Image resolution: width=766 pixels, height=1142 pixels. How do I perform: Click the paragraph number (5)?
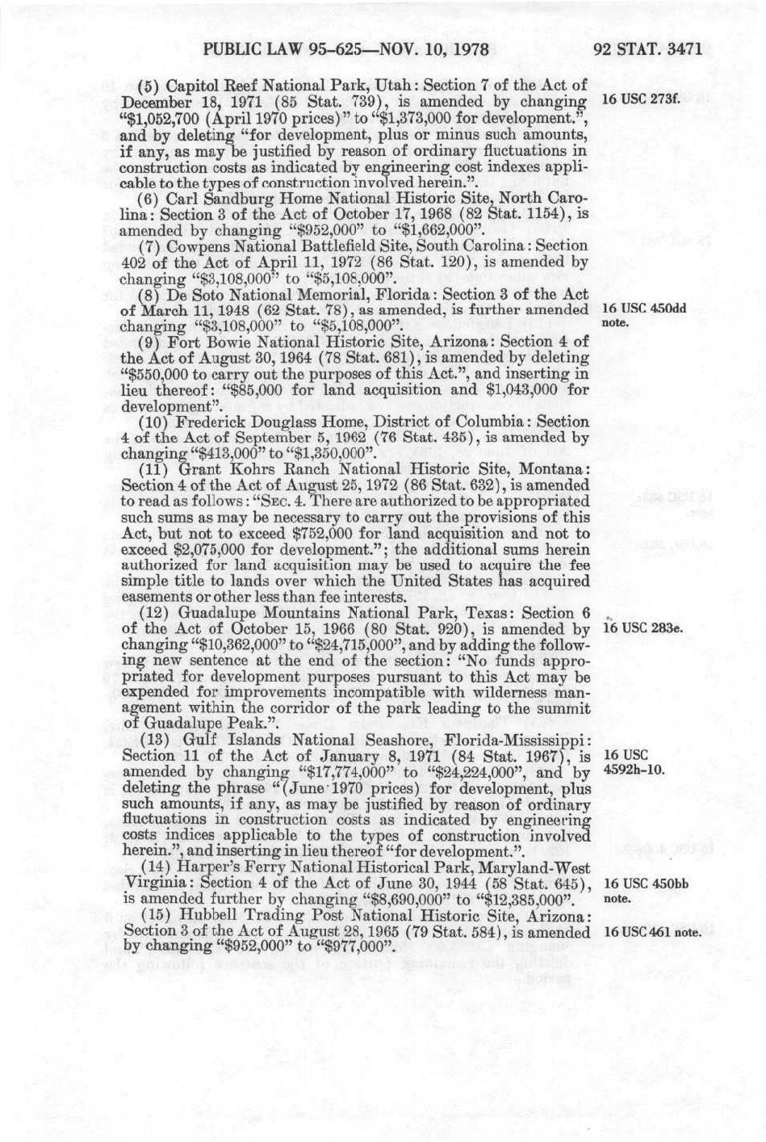pos(149,86)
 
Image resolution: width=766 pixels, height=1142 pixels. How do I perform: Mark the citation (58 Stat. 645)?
pos(539,883)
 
